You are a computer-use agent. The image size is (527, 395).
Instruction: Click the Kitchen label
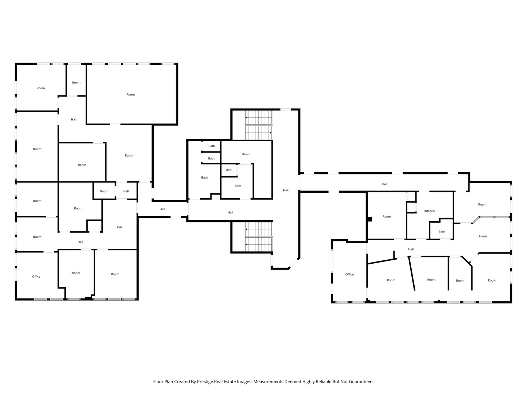tap(429, 211)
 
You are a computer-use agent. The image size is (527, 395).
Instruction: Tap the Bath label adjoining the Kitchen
tap(442, 232)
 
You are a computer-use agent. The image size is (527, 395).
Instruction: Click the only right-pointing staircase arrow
tap(270, 133)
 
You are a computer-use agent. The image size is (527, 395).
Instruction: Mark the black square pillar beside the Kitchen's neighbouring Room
tap(370, 219)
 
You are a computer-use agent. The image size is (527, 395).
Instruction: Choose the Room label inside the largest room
tap(130, 95)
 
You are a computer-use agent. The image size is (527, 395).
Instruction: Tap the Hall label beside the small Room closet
tap(126, 191)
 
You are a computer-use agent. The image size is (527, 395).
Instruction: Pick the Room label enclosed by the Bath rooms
tap(246, 154)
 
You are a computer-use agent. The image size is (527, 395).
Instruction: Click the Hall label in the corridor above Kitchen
tap(384, 184)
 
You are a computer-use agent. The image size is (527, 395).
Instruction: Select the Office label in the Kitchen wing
tap(350, 274)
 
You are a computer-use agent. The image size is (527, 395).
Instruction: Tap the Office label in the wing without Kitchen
tap(36, 276)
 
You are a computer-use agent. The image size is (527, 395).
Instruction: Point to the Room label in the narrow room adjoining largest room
tap(76, 83)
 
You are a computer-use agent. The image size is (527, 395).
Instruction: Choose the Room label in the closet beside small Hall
tap(104, 191)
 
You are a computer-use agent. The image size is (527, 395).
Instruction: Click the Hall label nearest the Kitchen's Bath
tap(411, 249)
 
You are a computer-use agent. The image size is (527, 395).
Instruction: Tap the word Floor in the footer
tap(158, 381)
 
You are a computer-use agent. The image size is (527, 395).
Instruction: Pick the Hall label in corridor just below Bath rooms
tap(230, 212)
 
